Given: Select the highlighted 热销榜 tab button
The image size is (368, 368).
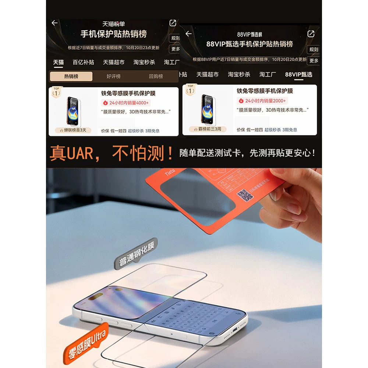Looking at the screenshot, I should point(71,77).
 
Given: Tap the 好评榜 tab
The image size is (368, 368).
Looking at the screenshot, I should point(113,77).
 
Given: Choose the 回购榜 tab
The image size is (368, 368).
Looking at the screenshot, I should point(156,77).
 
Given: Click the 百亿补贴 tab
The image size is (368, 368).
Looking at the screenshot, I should point(83,62).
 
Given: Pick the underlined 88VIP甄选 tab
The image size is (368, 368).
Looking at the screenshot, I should point(298,74).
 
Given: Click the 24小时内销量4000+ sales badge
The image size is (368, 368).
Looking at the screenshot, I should point(126,103).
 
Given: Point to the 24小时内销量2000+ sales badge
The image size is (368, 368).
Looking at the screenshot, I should point(262,101).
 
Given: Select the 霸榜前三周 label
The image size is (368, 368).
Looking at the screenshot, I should point(208,129).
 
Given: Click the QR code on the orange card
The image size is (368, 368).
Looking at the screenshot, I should point(245,195).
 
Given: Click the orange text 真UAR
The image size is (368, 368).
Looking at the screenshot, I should point(71,153).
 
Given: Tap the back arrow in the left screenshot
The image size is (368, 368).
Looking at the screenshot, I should point(55,23).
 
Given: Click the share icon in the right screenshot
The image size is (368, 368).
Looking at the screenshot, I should point(311,34).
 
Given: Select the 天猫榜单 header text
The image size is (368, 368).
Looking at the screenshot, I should point(113,24).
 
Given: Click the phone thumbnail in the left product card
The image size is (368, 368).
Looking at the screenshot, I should point(73,111).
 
